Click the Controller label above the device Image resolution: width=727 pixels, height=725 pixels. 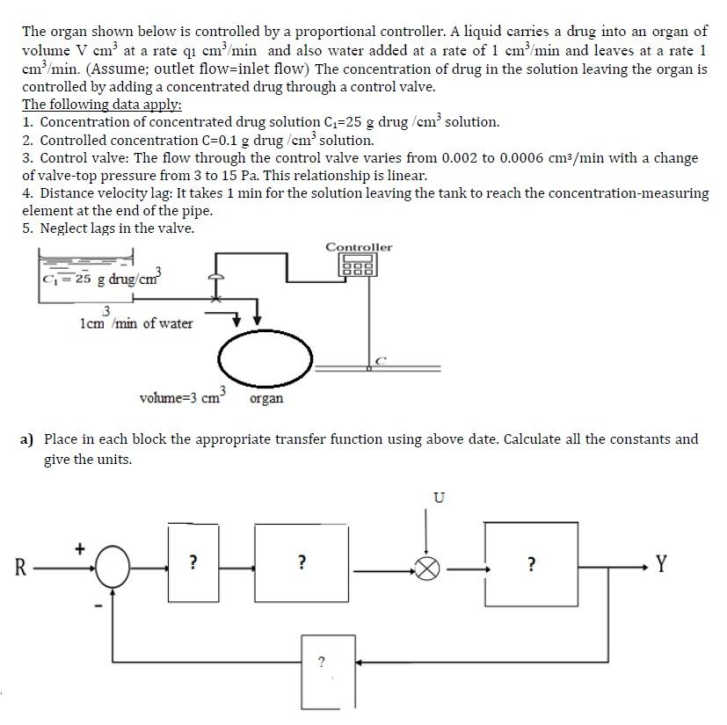tap(359, 247)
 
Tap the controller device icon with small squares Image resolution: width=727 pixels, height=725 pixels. tap(359, 265)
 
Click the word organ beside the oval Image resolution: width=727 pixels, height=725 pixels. tap(266, 399)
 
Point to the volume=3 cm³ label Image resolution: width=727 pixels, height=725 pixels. tap(184, 397)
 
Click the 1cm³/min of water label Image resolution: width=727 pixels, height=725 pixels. tap(136, 322)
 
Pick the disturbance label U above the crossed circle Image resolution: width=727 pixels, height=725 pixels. tap(439, 498)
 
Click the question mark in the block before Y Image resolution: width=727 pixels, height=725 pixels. tap(530, 562)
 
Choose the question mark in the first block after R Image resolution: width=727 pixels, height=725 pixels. tap(193, 562)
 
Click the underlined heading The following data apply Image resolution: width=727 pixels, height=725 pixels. tap(102, 105)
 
